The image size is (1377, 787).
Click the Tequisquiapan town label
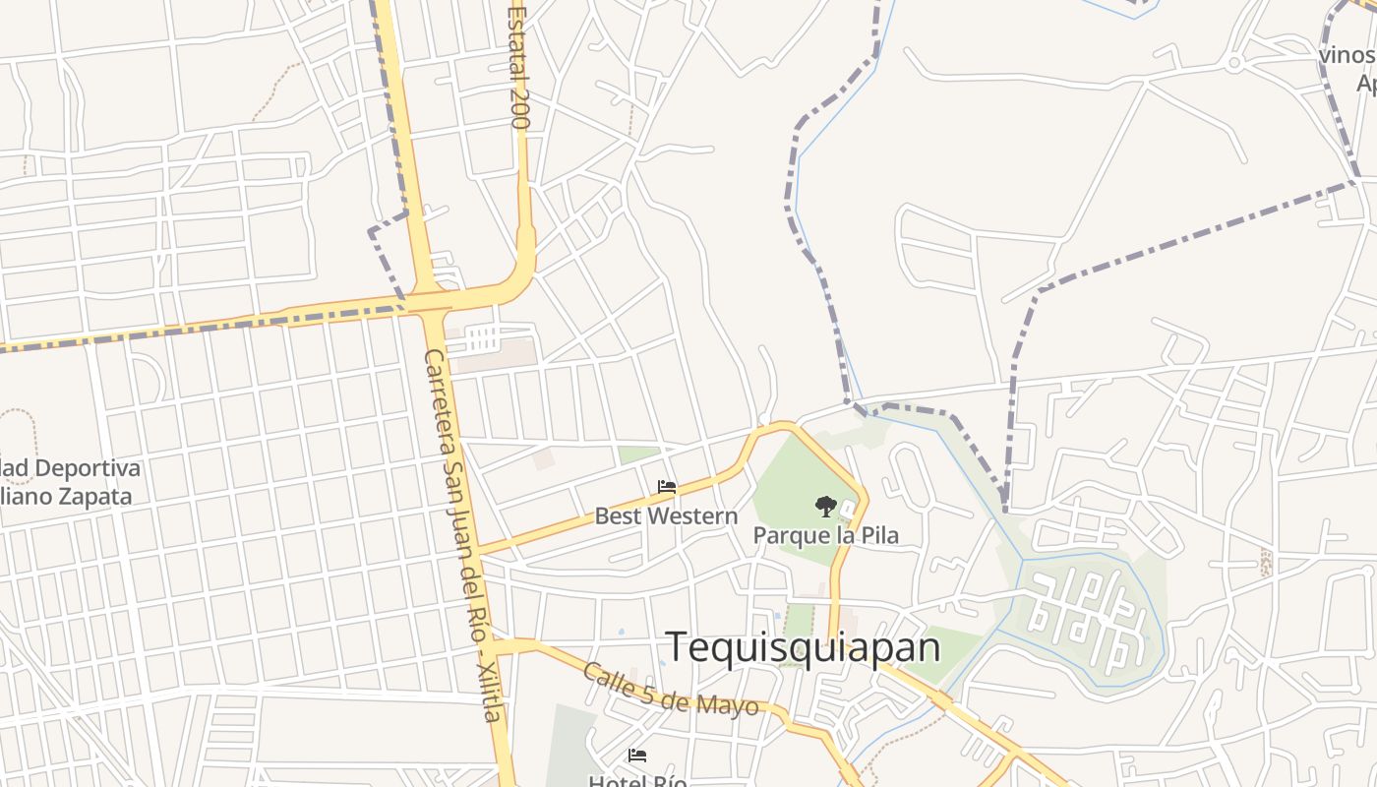pos(804,647)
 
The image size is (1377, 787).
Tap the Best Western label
pos(666,516)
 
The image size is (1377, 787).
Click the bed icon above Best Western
pos(667,487)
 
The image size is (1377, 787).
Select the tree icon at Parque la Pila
pos(826,507)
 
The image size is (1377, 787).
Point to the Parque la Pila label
pos(825,536)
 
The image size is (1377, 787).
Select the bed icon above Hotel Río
pos(637,756)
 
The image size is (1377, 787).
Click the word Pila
pos(878,536)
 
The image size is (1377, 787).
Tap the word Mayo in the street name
pos(727,704)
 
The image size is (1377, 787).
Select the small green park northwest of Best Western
pos(639,454)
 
